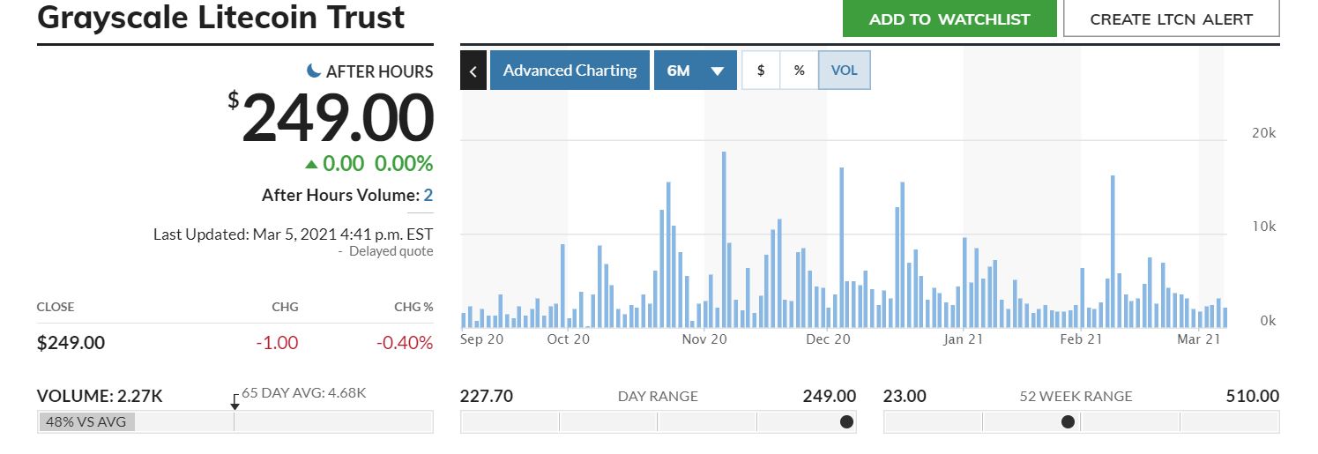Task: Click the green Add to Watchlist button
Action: (x=949, y=19)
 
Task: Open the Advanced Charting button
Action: (x=570, y=70)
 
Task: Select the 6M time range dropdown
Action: (x=695, y=70)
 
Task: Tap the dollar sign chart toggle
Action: (x=761, y=70)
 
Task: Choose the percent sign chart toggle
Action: (x=799, y=70)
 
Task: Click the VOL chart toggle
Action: (x=845, y=70)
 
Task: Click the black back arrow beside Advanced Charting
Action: (x=473, y=71)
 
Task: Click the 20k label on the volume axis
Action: (x=1264, y=133)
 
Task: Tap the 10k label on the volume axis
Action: (x=1264, y=227)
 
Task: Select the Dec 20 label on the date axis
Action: (x=828, y=339)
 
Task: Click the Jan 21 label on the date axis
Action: (x=964, y=339)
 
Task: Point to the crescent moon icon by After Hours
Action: (x=314, y=71)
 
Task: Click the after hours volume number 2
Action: (x=428, y=195)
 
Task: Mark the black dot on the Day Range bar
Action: (x=846, y=421)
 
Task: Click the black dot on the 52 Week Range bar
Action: (x=1068, y=421)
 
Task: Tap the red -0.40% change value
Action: (x=405, y=342)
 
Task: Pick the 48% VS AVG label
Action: (x=86, y=421)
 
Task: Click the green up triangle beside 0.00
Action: (x=311, y=165)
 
